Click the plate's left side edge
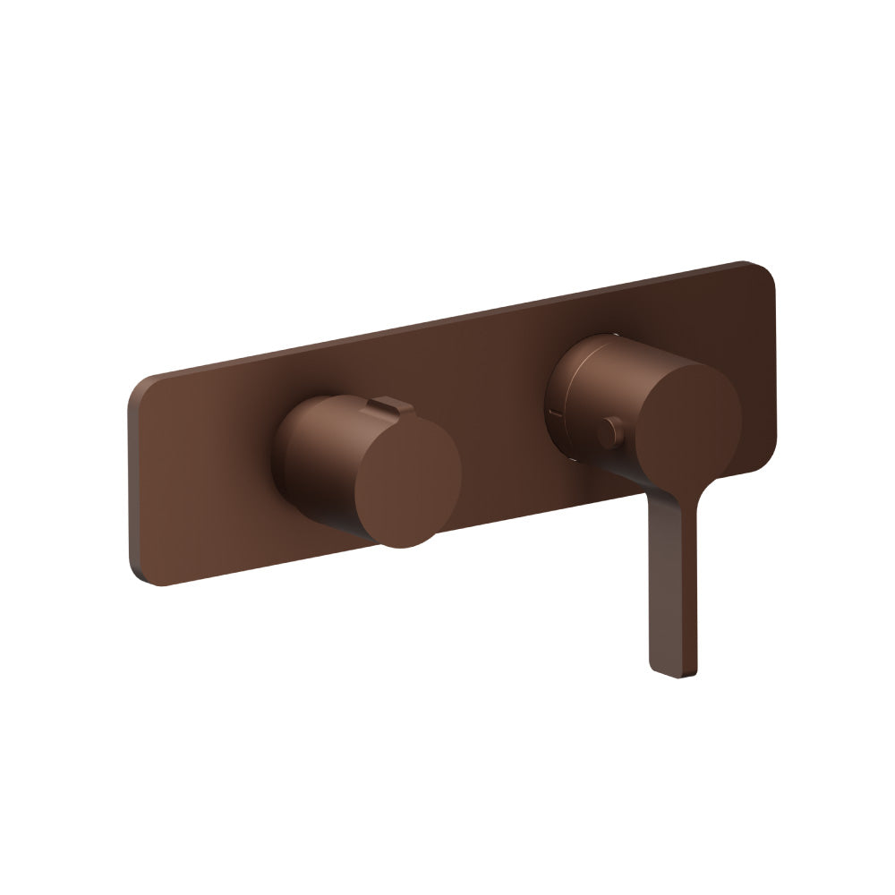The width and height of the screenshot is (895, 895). pyautogui.click(x=132, y=483)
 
